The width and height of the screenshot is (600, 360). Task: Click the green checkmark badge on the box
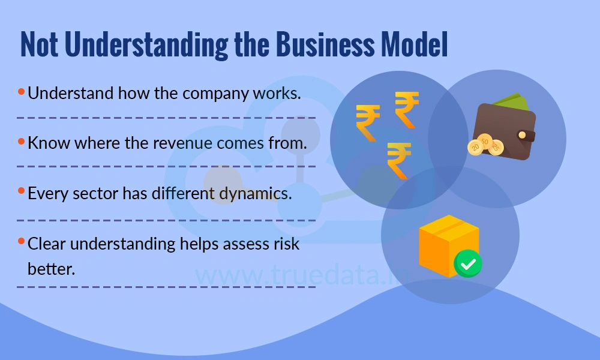click(467, 264)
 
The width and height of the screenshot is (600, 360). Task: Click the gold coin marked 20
click(475, 146)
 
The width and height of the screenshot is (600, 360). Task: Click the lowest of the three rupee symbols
click(398, 159)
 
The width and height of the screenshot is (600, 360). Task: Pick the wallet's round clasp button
click(523, 136)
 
